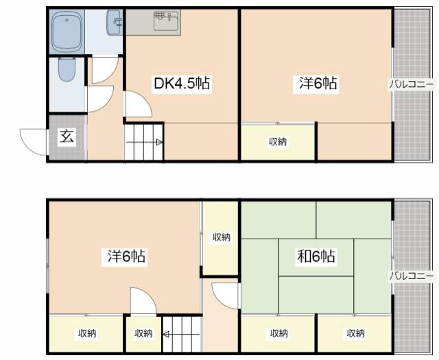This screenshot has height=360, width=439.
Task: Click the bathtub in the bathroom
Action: (67, 32)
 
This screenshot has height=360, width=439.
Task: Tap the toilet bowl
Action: (67, 69)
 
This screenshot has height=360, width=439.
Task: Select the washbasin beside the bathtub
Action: (115, 23)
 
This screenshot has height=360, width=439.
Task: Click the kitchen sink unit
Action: (166, 21)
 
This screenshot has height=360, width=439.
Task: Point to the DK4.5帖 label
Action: (182, 83)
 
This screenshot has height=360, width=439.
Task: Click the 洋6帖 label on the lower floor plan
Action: (126, 256)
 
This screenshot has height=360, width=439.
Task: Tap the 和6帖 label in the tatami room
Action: (316, 256)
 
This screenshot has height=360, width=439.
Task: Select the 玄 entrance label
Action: (67, 136)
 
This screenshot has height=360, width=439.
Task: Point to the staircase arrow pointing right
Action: (144, 143)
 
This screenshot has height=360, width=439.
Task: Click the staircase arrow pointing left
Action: (181, 334)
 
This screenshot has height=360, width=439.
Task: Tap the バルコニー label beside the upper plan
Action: (412, 84)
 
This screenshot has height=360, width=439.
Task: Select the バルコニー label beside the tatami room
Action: (412, 276)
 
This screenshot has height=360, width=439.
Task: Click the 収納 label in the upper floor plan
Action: (278, 142)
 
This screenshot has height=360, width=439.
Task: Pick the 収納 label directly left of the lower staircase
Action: (143, 333)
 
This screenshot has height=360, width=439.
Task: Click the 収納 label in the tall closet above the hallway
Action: (221, 237)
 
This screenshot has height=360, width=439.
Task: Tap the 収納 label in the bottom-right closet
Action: (355, 333)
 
